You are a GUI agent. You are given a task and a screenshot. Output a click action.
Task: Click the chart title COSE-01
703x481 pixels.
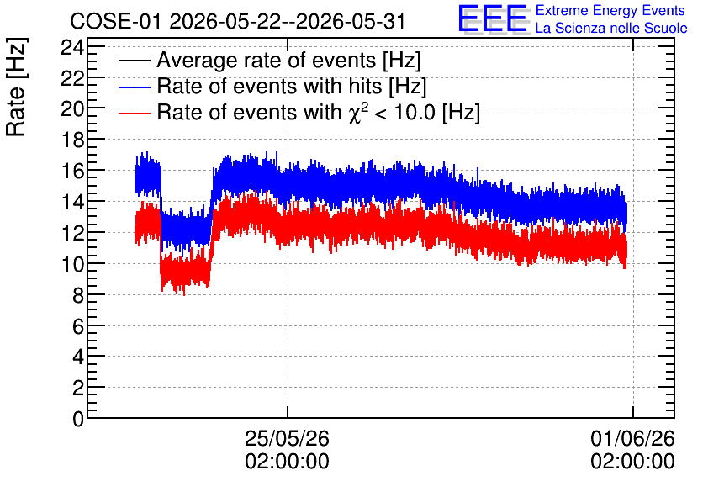(x=115, y=21)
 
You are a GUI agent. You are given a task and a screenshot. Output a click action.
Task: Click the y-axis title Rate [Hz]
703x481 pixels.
(x=17, y=87)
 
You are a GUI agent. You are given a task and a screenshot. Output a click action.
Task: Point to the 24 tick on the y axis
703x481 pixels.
(x=72, y=47)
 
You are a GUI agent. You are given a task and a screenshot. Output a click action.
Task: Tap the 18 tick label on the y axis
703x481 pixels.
(x=72, y=140)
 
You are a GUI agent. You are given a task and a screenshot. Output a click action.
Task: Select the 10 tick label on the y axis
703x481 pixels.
(x=72, y=264)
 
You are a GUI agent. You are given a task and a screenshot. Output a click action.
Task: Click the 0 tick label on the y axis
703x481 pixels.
(x=78, y=419)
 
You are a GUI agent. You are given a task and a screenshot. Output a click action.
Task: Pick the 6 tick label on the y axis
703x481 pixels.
(x=78, y=326)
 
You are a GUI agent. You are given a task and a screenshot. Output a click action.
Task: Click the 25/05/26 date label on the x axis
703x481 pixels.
(x=287, y=438)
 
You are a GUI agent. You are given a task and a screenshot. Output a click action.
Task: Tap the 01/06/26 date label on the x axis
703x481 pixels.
(x=632, y=438)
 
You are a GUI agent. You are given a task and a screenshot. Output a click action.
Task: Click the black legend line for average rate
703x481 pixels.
(x=134, y=61)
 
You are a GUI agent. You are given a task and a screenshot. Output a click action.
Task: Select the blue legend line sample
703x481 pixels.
(x=134, y=87)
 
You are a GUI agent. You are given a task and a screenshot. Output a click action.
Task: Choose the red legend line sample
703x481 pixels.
(x=134, y=113)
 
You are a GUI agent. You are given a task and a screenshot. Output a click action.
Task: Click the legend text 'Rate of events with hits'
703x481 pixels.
(x=269, y=86)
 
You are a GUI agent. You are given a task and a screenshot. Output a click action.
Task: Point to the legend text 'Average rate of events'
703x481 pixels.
(x=267, y=60)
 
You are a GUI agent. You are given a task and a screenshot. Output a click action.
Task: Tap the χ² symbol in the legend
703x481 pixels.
(x=356, y=112)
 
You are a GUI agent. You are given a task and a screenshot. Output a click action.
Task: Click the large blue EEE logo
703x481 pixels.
(x=493, y=18)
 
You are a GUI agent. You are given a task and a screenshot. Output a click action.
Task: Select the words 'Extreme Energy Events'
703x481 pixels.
(x=610, y=10)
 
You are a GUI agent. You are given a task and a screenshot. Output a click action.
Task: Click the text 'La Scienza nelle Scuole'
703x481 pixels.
(x=611, y=28)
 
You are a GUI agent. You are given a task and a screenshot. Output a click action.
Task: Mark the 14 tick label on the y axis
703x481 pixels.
(x=72, y=202)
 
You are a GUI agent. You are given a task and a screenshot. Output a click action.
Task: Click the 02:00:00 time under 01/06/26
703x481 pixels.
(x=632, y=462)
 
